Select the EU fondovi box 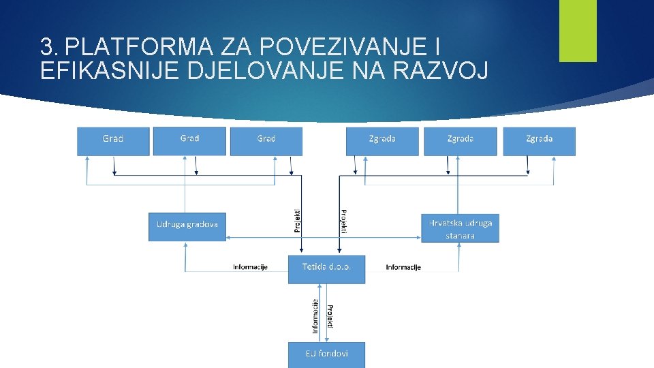pyautogui.click(x=326, y=354)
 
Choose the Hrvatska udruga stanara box pyautogui.click(x=460, y=228)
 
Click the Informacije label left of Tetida pyautogui.click(x=250, y=267)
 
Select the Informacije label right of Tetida pyautogui.click(x=403, y=267)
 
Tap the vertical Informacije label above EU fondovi pyautogui.click(x=315, y=316)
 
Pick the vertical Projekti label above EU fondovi pyautogui.click(x=330, y=316)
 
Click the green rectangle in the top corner pyautogui.click(x=578, y=31)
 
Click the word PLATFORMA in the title pyautogui.click(x=141, y=47)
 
